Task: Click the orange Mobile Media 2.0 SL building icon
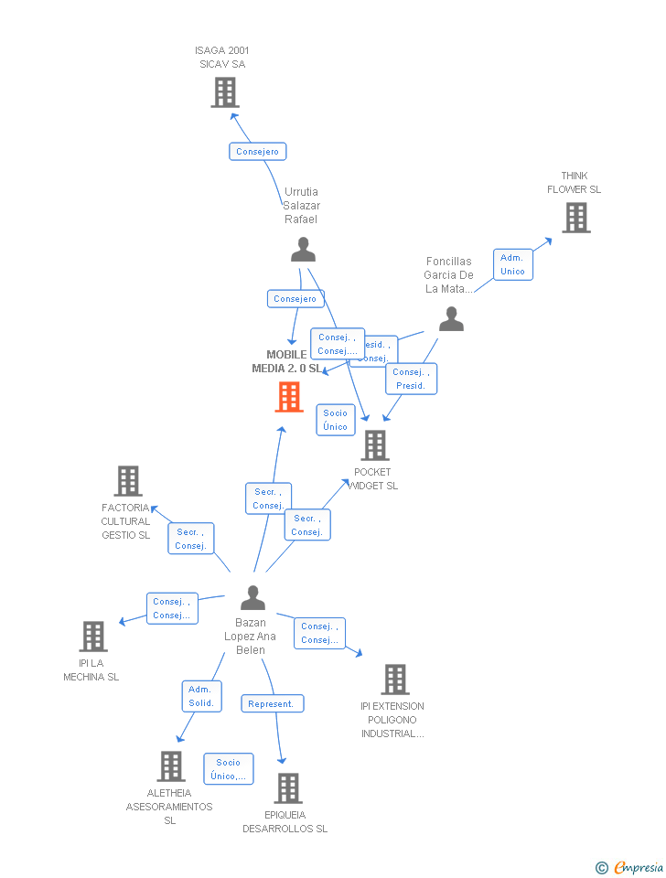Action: [x=289, y=397]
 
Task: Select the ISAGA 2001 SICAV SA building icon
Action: [x=225, y=92]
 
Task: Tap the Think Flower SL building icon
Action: [x=575, y=218]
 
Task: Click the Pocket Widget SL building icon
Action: [x=375, y=445]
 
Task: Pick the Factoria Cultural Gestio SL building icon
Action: [x=128, y=481]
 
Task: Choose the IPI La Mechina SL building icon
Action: [x=93, y=637]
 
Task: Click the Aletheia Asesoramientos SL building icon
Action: [x=171, y=766]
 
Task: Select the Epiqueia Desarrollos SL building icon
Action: [x=287, y=788]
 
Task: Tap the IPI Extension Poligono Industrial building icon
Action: [x=394, y=680]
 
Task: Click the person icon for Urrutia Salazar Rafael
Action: [x=303, y=249]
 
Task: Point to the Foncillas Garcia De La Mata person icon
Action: [x=451, y=319]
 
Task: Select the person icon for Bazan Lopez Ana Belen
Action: [x=252, y=598]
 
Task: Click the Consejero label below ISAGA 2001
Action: [x=257, y=152]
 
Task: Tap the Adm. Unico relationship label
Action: [x=512, y=264]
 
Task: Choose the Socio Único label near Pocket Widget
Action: [x=335, y=420]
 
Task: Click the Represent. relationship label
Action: [x=272, y=703]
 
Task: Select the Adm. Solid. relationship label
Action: [x=201, y=696]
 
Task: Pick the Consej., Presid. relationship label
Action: [x=411, y=379]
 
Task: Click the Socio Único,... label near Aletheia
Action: [x=228, y=769]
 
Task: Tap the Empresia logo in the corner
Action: [x=631, y=867]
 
